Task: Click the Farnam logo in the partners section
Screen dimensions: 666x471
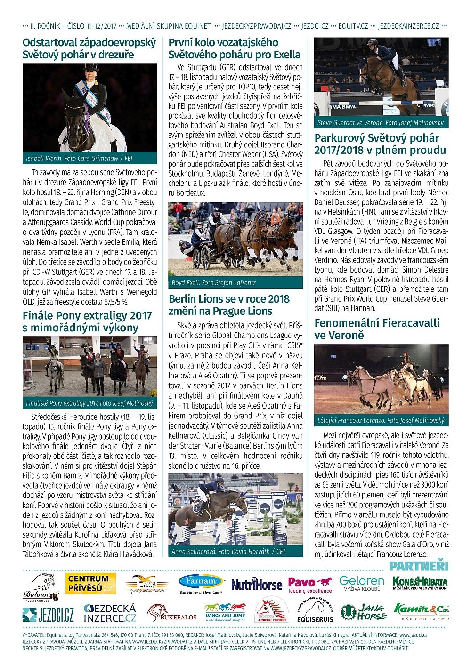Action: (202, 584)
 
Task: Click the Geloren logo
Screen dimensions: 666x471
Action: (362, 584)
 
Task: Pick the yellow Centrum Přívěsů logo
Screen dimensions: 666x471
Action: (90, 583)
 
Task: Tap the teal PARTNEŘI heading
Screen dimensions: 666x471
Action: (419, 566)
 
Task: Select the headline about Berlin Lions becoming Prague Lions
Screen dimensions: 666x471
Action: (229, 305)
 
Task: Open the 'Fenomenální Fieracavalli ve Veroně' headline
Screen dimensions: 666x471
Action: (377, 329)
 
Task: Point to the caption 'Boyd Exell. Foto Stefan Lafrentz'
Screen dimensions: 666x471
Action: (214, 283)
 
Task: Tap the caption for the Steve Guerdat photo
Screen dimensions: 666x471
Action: (381, 123)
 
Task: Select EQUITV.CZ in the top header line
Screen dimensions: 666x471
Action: (353, 26)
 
